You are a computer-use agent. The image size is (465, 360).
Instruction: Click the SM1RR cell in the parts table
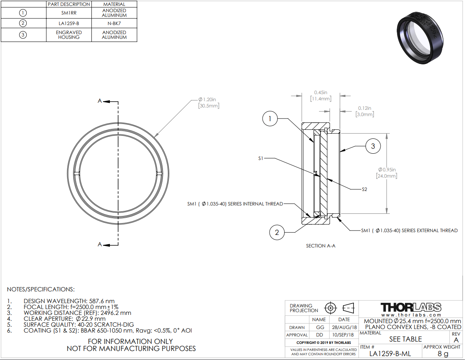(x=69, y=13)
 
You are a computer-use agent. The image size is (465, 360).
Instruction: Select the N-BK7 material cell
(x=114, y=24)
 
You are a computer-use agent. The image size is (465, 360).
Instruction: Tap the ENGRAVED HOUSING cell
(x=69, y=35)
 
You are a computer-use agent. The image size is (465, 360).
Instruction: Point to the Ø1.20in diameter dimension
(x=208, y=102)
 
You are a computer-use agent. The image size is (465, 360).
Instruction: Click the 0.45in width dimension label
(x=321, y=95)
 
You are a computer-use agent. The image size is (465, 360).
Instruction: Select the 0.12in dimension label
(x=365, y=111)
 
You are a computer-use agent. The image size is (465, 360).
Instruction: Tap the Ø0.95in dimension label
(x=387, y=173)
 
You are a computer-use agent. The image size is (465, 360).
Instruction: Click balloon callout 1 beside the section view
(x=270, y=118)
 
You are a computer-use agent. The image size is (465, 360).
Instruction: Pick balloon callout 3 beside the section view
(x=373, y=146)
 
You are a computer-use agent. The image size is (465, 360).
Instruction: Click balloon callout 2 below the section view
(x=277, y=232)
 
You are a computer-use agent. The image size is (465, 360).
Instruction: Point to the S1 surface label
(x=261, y=158)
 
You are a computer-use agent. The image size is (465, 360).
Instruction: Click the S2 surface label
(x=365, y=189)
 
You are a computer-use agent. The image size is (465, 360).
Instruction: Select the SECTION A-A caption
(x=321, y=246)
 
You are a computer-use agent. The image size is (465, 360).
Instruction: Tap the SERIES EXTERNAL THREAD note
(x=410, y=231)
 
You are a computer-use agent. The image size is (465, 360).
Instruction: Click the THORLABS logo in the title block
(x=411, y=307)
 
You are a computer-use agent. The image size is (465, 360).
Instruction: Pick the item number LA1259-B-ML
(x=390, y=353)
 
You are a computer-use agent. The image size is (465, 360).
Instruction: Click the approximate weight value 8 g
(x=443, y=353)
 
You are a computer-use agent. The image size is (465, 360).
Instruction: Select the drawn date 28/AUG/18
(x=344, y=327)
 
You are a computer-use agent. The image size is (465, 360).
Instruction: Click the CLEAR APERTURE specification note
(x=65, y=319)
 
